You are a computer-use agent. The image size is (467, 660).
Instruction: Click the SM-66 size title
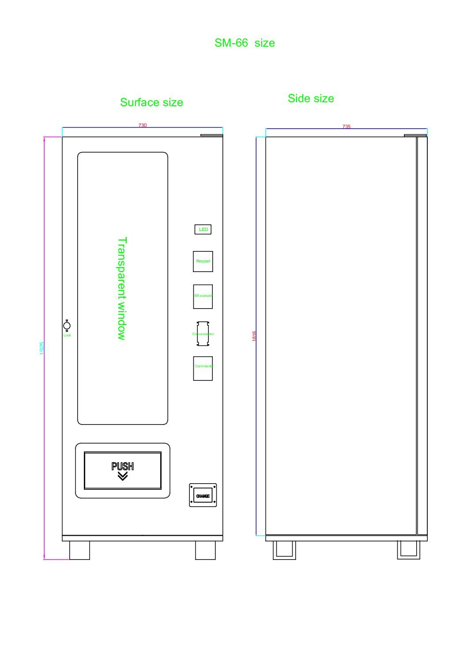[245, 43]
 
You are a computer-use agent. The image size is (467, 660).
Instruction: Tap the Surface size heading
[151, 102]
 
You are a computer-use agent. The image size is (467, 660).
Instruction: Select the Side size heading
[311, 98]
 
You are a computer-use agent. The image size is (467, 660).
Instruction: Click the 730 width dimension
[143, 125]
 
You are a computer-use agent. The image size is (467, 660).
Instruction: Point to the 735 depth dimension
[346, 127]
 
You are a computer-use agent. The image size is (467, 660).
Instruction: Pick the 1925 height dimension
[42, 348]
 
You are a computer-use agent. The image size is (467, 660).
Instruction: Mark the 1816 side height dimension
[254, 336]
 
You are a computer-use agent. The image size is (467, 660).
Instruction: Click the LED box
[203, 229]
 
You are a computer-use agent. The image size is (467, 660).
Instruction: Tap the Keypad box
[203, 261]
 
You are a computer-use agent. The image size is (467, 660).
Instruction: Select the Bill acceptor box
[203, 296]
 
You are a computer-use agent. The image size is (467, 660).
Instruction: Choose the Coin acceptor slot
[203, 334]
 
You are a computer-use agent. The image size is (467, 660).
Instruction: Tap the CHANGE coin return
[203, 496]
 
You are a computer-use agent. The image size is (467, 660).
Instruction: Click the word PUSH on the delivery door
[123, 466]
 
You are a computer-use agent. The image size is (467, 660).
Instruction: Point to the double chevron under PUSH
[123, 476]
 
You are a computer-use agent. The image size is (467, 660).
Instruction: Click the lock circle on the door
[67, 326]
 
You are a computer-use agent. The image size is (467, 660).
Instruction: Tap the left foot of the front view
[79, 550]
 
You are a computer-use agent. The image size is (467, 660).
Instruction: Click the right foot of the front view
[206, 550]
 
